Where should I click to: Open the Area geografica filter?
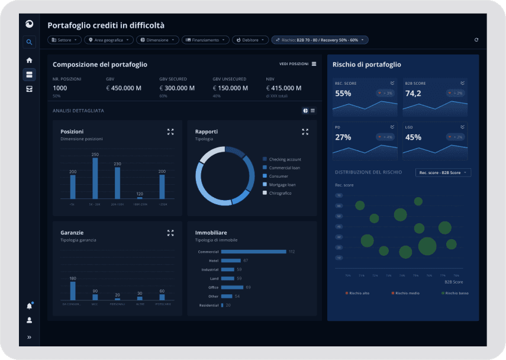(108, 40)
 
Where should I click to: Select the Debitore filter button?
(251, 40)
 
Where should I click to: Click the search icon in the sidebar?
(29, 42)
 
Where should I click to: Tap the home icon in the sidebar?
(29, 60)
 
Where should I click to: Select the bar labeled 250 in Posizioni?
(95, 178)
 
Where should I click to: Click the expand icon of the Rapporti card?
(305, 132)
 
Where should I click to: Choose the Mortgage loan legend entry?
(282, 185)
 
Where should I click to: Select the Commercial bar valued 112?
(254, 252)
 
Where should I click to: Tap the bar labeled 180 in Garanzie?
(73, 290)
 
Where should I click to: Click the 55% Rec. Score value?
(343, 94)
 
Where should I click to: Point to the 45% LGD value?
(413, 137)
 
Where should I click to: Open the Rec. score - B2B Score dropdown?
(443, 172)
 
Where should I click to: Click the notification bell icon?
(29, 306)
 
